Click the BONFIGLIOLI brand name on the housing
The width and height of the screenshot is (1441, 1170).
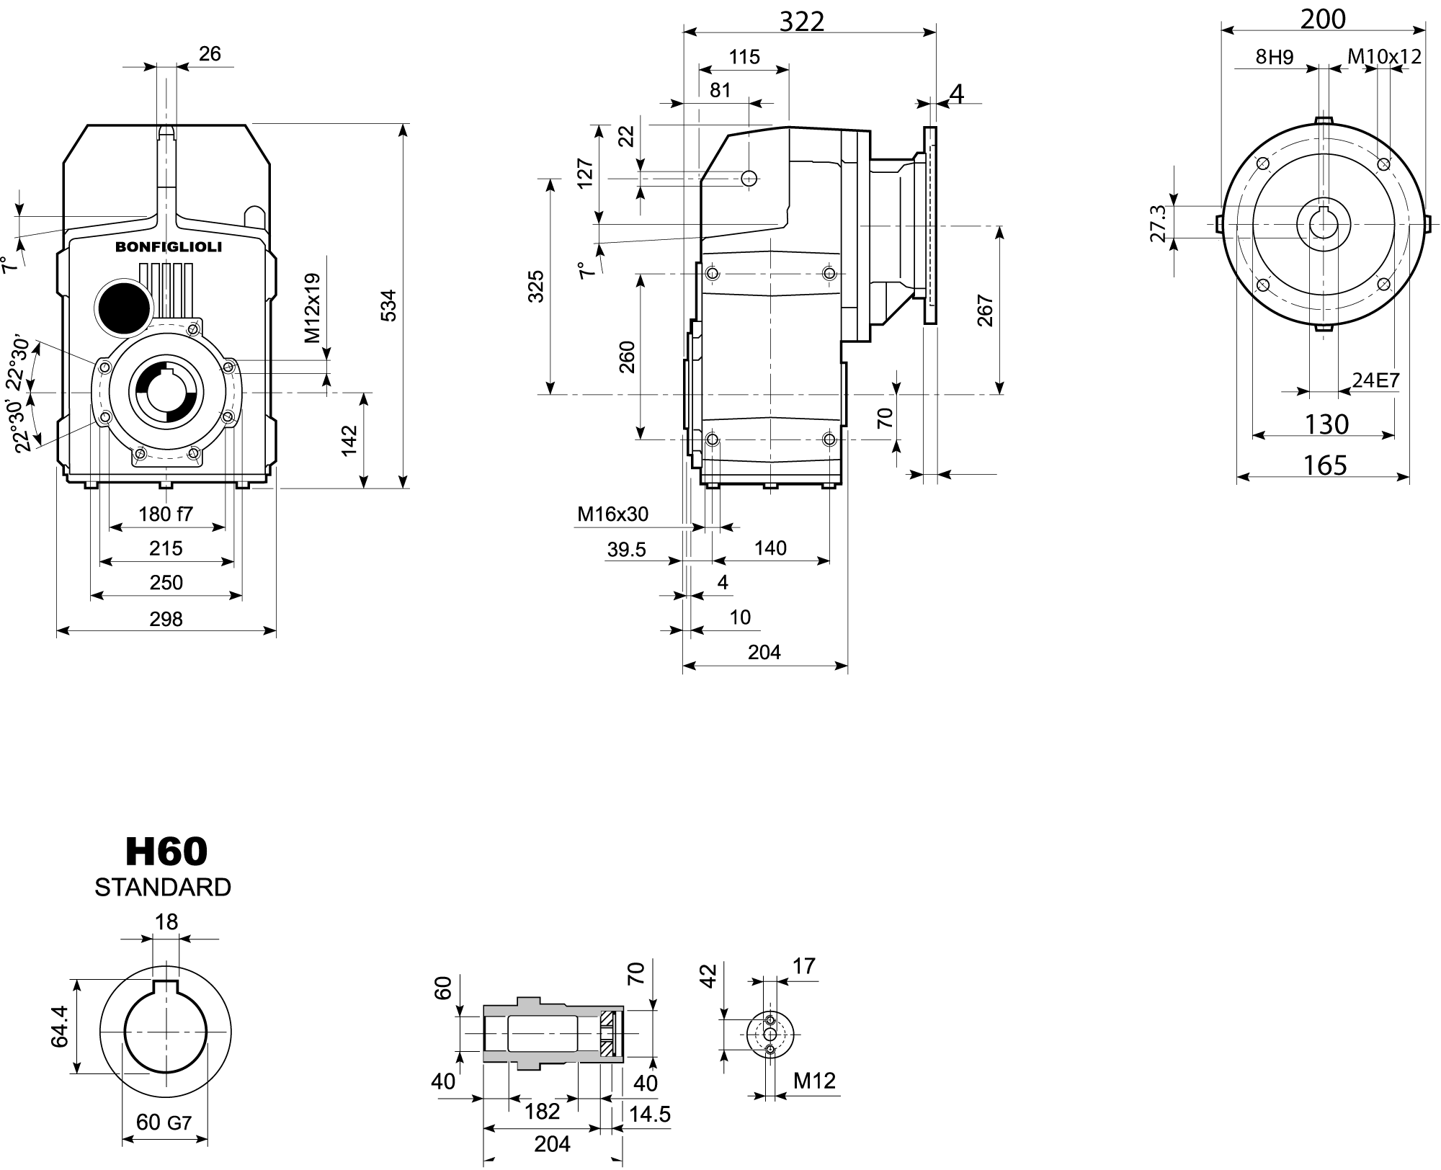[x=169, y=248]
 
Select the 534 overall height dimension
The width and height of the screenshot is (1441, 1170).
[x=388, y=305]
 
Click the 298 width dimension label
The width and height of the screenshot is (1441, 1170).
[x=166, y=619]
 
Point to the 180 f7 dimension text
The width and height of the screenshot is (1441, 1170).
[x=166, y=514]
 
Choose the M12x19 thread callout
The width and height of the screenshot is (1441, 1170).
[x=312, y=308]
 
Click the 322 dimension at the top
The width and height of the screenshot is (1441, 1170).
[x=802, y=22]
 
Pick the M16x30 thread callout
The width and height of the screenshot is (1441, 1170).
[x=612, y=514]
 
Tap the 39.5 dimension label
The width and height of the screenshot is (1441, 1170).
[x=626, y=550]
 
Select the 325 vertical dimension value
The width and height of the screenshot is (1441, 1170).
[x=536, y=286]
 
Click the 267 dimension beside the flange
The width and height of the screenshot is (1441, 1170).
[x=985, y=311]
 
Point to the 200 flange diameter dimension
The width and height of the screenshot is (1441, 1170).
[x=1323, y=19]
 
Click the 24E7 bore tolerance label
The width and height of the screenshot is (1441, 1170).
[x=1375, y=380]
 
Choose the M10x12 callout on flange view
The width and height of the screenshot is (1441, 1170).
[x=1384, y=56]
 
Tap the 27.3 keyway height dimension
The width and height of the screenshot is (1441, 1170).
[x=1158, y=223]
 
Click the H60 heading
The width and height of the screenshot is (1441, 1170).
[x=166, y=852]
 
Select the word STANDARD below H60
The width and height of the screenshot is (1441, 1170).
[x=163, y=888]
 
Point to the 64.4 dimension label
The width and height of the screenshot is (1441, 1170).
[x=60, y=1027]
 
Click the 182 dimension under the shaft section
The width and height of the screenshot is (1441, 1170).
[x=542, y=1111]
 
